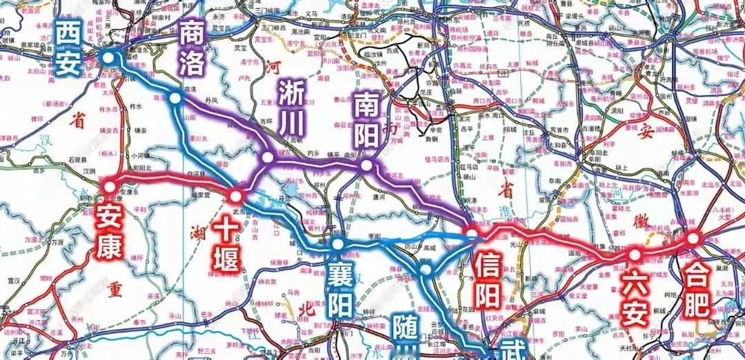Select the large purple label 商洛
click(x=192, y=47)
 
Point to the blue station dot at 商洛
click(x=175, y=99)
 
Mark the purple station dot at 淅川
click(x=268, y=159)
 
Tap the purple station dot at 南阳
click(x=366, y=166)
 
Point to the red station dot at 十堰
click(x=235, y=196)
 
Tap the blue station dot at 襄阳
click(x=337, y=244)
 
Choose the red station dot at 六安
click(x=633, y=255)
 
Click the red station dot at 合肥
click(x=693, y=239)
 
